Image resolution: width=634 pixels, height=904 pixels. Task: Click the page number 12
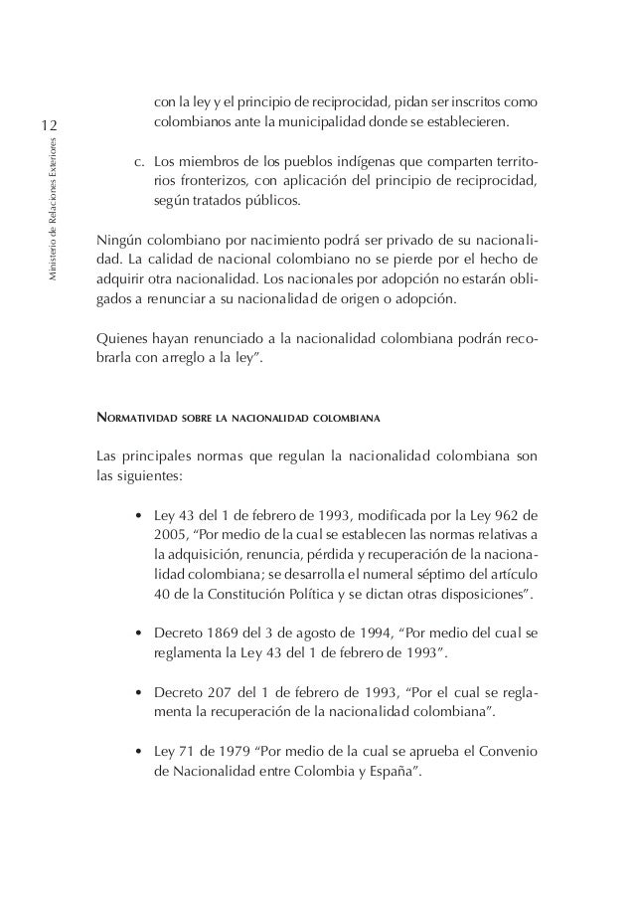click(51, 125)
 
